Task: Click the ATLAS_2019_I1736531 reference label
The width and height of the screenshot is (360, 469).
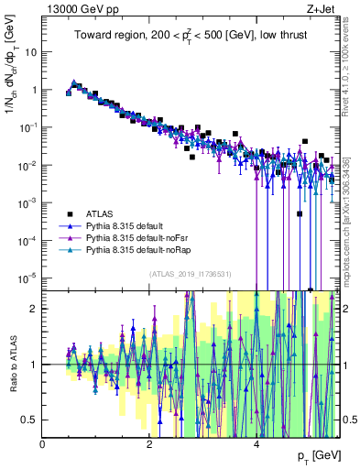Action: pyautogui.click(x=191, y=274)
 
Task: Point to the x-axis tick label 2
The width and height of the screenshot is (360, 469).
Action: pyautogui.click(x=149, y=443)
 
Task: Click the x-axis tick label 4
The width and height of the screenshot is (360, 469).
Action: pyautogui.click(x=256, y=443)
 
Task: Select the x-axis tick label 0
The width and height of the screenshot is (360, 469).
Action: pyautogui.click(x=43, y=443)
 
